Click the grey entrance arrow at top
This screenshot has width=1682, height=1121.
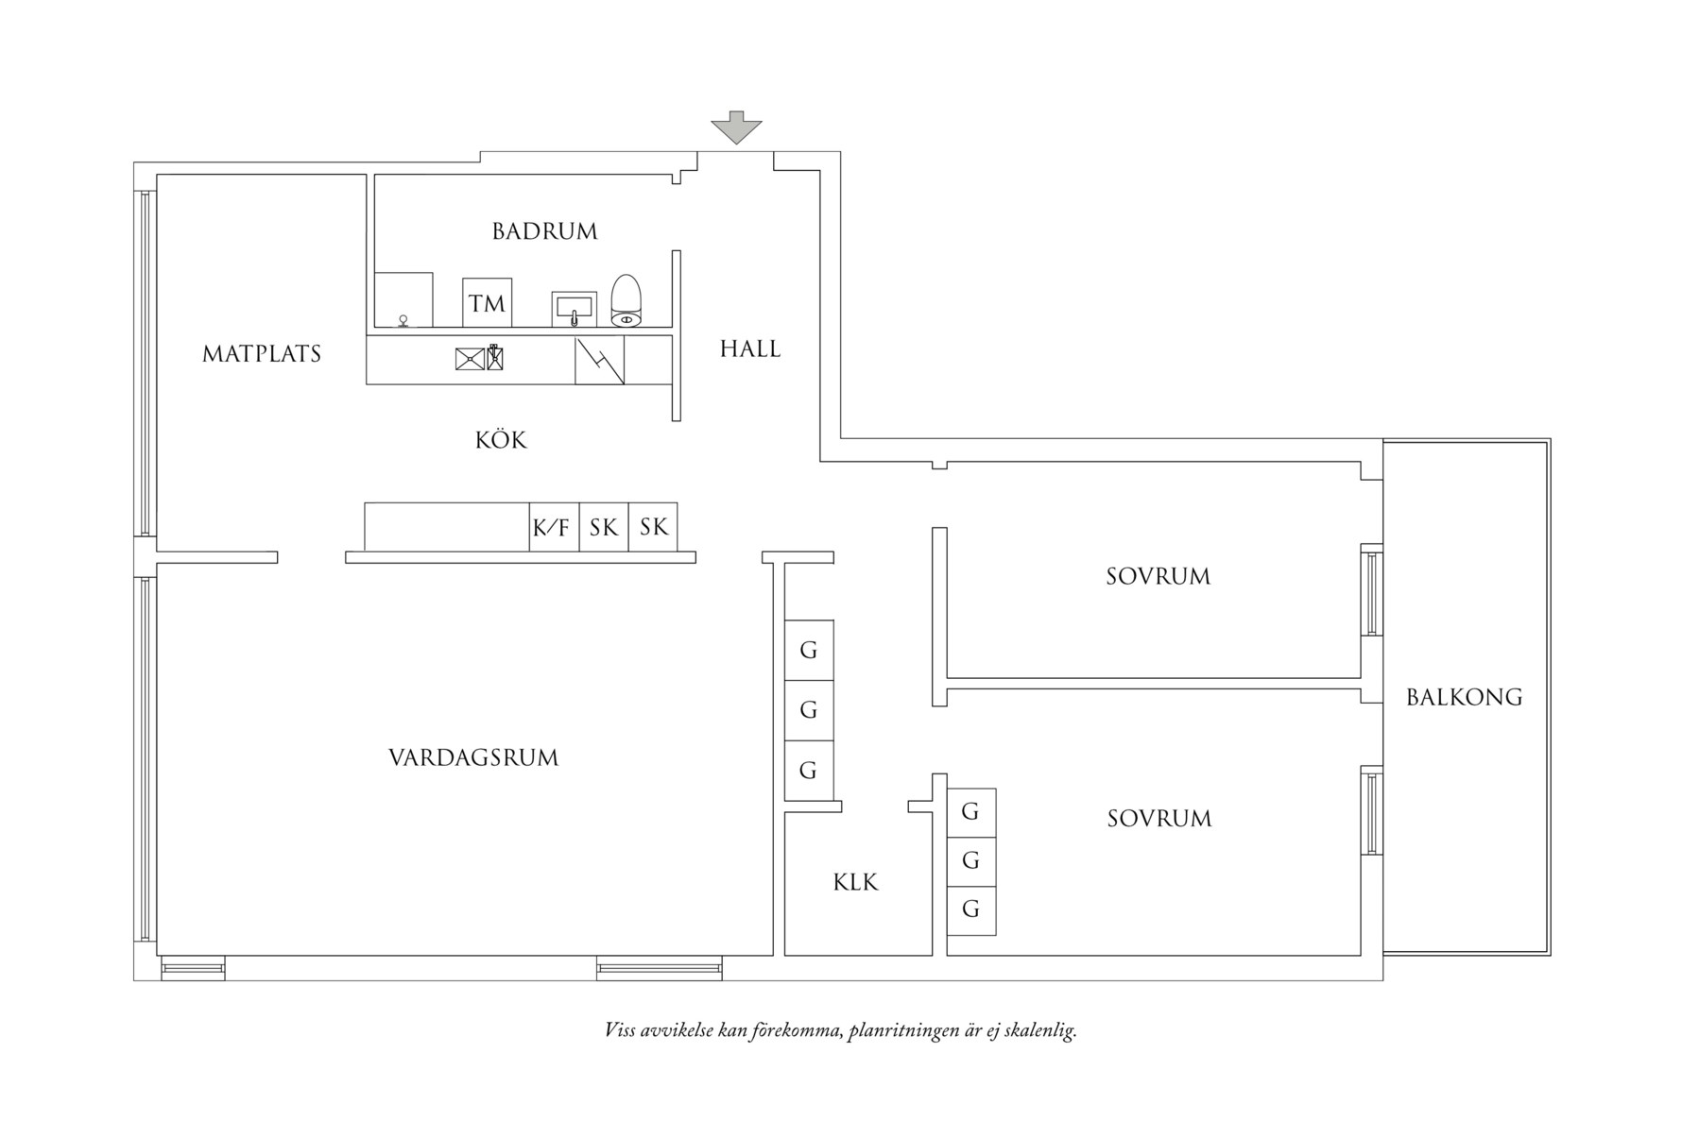point(736,127)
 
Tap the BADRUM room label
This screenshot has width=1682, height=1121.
point(545,231)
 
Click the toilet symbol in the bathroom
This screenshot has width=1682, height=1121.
point(626,301)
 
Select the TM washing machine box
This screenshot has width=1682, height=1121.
point(487,303)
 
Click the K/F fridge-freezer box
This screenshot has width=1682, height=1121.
point(553,527)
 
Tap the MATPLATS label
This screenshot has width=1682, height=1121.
point(262,354)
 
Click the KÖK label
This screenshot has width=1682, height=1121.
point(501,440)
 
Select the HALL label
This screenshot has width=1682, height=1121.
point(750,349)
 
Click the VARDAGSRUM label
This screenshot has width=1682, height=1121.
point(473,758)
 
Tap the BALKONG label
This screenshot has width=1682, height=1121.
point(1464,698)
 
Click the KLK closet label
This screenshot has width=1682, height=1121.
point(855,883)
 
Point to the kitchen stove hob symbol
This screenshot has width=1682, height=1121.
point(599,361)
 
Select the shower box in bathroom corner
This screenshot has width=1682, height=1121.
point(403,300)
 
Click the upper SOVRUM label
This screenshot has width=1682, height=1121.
point(1158,577)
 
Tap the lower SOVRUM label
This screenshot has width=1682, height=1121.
point(1159,819)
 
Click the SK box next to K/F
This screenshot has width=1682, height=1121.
point(604,527)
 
